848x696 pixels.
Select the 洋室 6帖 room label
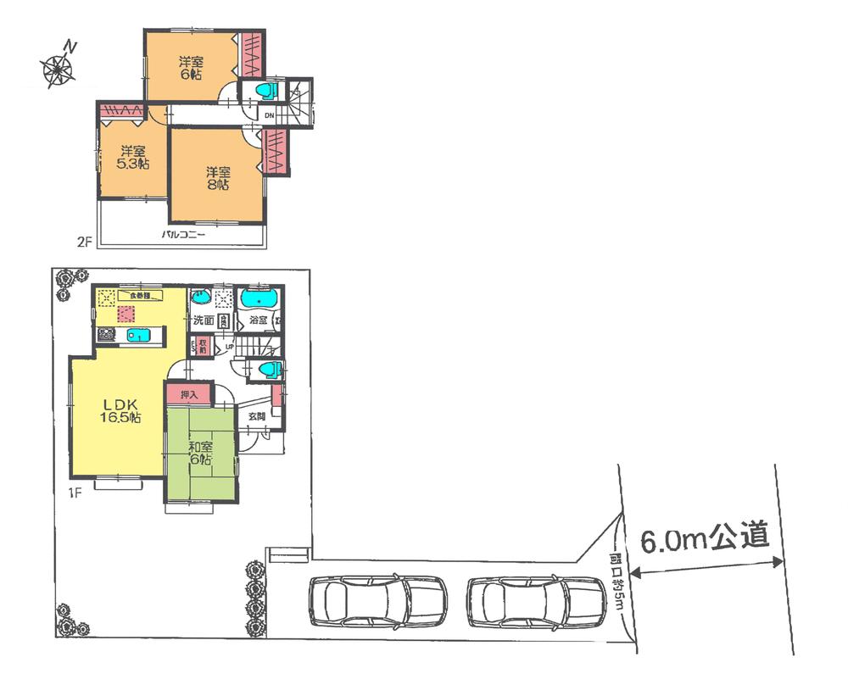(x=191, y=68)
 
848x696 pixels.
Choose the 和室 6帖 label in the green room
(x=202, y=453)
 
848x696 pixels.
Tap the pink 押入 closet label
(x=188, y=394)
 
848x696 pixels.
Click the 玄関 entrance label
(x=257, y=416)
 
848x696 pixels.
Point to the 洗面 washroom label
(x=203, y=321)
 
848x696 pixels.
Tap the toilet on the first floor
(x=268, y=369)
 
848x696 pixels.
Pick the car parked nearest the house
(x=377, y=599)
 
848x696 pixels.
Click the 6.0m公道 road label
(x=704, y=539)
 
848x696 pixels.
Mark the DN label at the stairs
(x=269, y=115)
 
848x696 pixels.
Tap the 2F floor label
(x=83, y=242)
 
